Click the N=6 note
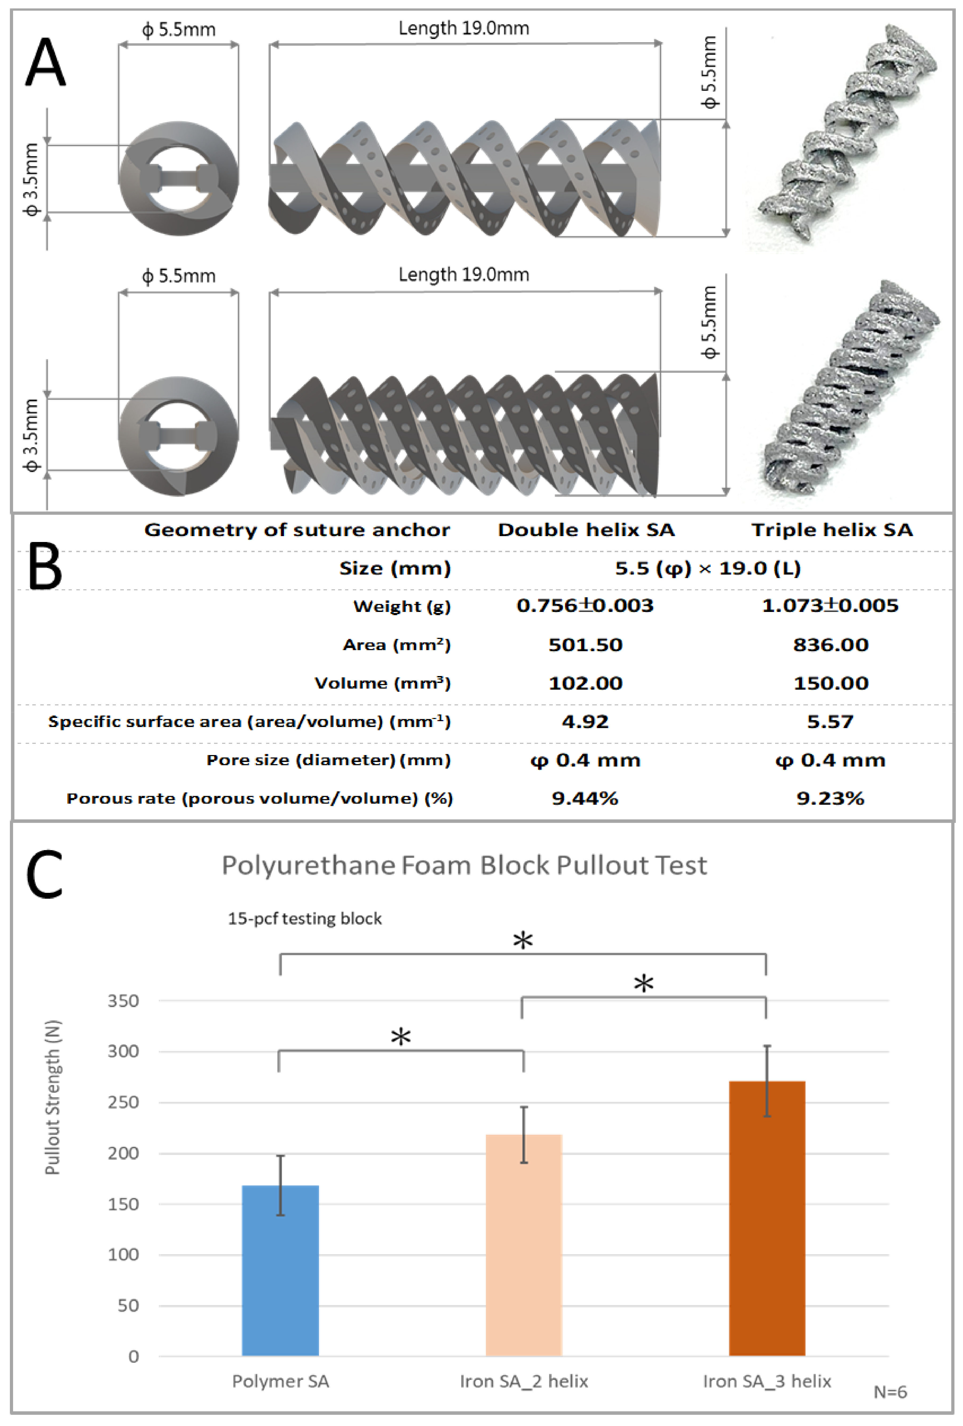tap(890, 1392)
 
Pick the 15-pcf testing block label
tap(305, 918)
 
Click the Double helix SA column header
tap(586, 530)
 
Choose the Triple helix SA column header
tap(832, 530)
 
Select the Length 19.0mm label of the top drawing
tap(464, 28)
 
